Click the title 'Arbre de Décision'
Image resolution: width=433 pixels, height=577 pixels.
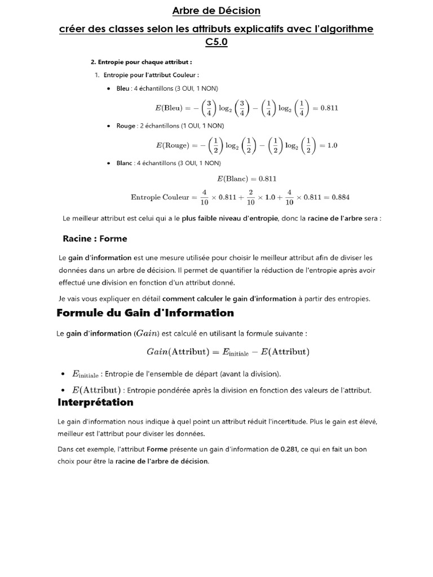[x=216, y=11]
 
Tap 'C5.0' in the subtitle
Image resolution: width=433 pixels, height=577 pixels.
[x=216, y=42]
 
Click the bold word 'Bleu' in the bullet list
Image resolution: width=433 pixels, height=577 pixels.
[x=122, y=88]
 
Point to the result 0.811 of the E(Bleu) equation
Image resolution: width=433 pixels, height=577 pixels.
[x=329, y=108]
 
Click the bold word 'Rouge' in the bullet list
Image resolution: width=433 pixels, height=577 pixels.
[x=126, y=126]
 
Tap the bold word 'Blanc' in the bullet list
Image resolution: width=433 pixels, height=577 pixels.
[x=124, y=163]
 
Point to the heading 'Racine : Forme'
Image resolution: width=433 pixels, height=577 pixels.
[x=95, y=238]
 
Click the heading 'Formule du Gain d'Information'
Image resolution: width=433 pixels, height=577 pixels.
[x=145, y=313]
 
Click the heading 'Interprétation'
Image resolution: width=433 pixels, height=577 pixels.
[x=95, y=402]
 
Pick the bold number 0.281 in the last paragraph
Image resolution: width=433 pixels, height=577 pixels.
[x=289, y=450]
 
